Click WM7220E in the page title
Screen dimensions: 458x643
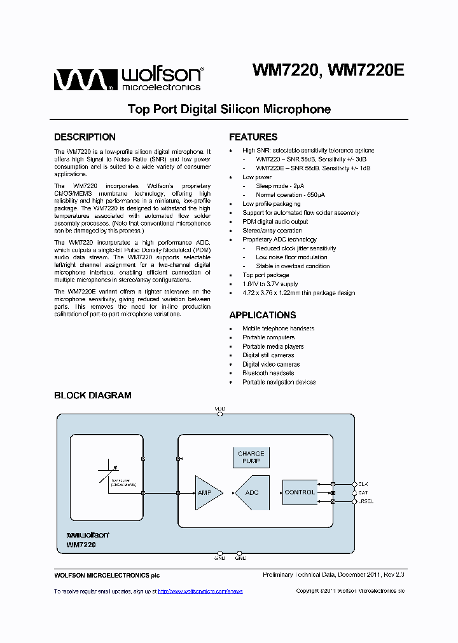368,70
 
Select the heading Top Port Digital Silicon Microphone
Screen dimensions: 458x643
229,109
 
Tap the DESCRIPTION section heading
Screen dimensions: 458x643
85,137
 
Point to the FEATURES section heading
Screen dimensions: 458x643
253,137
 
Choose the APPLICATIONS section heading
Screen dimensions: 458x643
262,315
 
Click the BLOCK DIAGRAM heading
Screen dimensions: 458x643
93,395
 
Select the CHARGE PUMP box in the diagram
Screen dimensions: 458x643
251,457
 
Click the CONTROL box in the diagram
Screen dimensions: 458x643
300,492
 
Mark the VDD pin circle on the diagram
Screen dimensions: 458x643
220,414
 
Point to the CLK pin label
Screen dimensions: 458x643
363,484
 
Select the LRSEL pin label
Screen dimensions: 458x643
366,502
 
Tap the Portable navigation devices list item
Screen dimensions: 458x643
279,382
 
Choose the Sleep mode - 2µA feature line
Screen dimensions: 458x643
280,186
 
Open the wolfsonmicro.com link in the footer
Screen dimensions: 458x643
200,592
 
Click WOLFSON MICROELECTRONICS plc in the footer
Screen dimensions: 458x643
107,576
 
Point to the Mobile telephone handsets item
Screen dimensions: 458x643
278,328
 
